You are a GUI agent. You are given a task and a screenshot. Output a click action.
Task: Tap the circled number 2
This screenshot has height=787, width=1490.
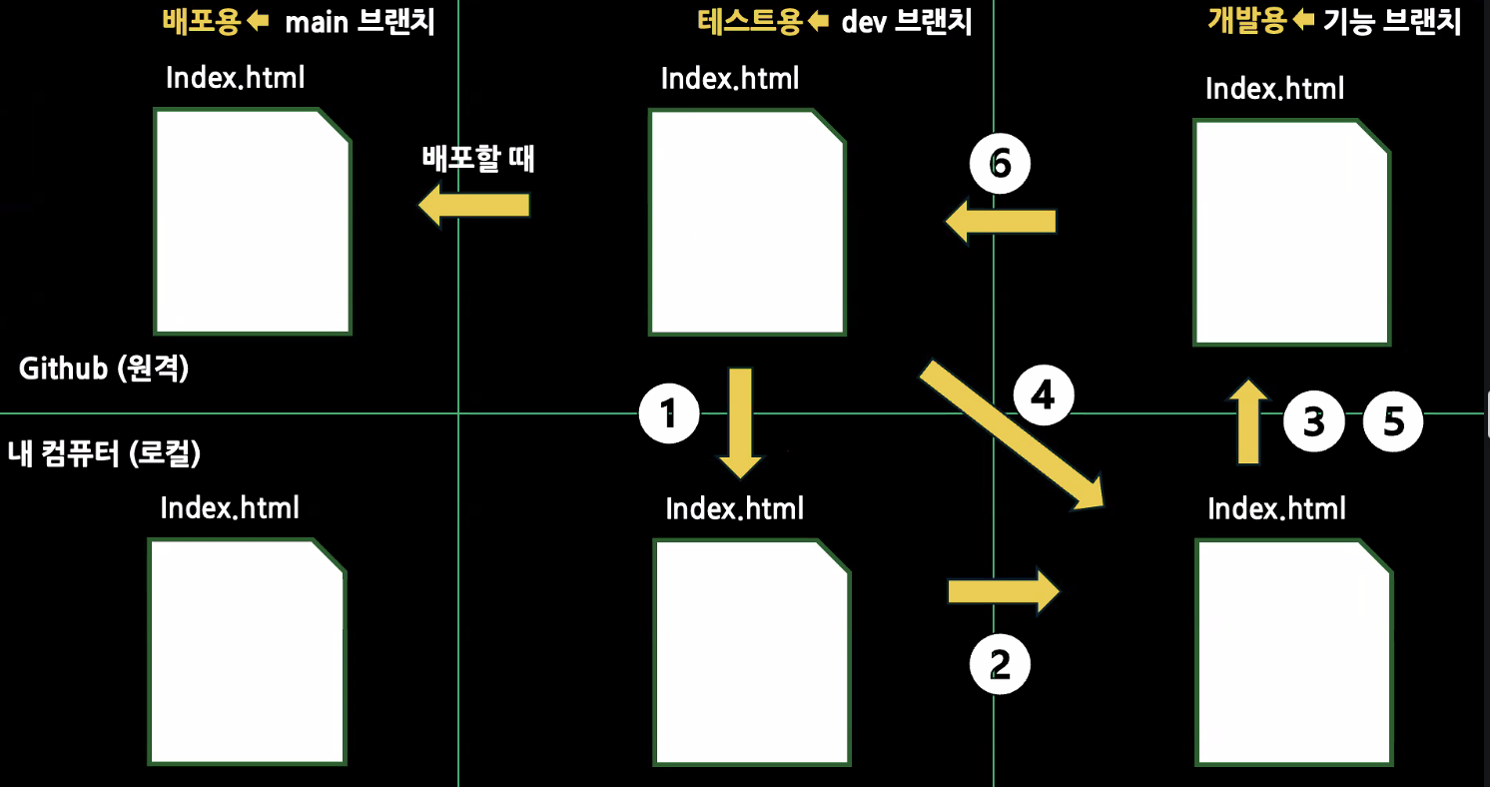pyautogui.click(x=1000, y=664)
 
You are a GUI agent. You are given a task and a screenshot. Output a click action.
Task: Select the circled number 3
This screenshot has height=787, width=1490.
pyautogui.click(x=1313, y=421)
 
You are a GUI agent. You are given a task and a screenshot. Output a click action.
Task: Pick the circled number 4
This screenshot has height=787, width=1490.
pyautogui.click(x=1043, y=396)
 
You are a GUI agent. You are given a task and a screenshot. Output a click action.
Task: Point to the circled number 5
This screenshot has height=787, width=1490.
pyautogui.click(x=1393, y=421)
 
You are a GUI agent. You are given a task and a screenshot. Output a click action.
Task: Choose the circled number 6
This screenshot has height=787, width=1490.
pyautogui.click(x=1000, y=165)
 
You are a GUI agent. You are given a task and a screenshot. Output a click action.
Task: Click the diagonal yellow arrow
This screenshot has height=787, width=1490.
pyautogui.click(x=1011, y=434)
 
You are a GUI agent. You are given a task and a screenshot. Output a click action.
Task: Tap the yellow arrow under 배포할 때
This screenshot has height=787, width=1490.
pyautogui.click(x=472, y=206)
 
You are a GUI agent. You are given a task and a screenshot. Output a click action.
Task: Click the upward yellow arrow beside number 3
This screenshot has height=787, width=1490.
pyautogui.click(x=1247, y=421)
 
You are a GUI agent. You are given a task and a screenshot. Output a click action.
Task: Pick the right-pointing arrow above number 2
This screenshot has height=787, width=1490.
pyautogui.click(x=1002, y=591)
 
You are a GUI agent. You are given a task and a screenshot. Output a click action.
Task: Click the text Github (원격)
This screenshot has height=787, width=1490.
pyautogui.click(x=104, y=369)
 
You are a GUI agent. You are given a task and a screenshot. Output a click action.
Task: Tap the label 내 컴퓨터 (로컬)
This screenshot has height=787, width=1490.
pyautogui.click(x=104, y=453)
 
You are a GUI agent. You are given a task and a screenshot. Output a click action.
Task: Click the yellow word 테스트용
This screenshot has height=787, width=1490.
pyautogui.click(x=749, y=22)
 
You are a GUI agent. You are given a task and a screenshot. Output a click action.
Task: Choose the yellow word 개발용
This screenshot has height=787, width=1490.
pyautogui.click(x=1245, y=22)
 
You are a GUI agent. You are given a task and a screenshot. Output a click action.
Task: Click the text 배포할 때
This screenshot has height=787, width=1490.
pyautogui.click(x=478, y=159)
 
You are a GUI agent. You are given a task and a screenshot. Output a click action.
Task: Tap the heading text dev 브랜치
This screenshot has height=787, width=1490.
pyautogui.click(x=906, y=22)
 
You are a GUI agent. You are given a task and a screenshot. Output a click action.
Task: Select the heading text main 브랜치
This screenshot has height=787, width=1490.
pyautogui.click(x=360, y=22)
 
